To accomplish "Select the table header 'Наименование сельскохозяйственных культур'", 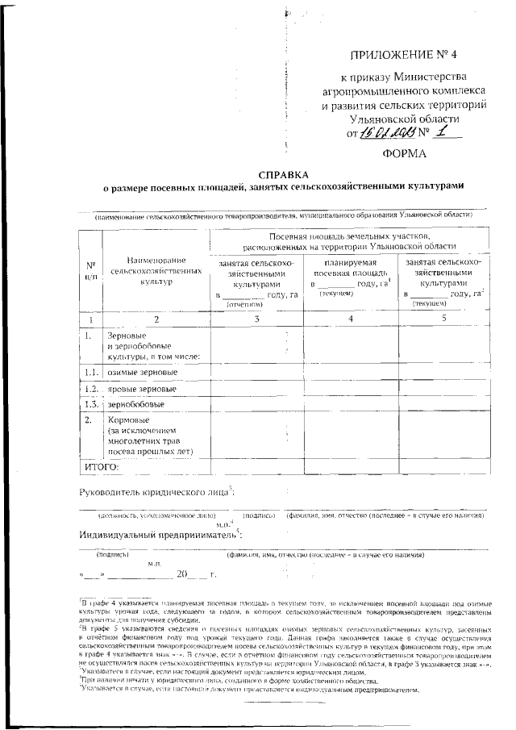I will click(156, 270).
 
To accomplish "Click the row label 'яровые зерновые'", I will click(143, 389).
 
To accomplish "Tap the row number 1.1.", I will click(90, 373).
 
